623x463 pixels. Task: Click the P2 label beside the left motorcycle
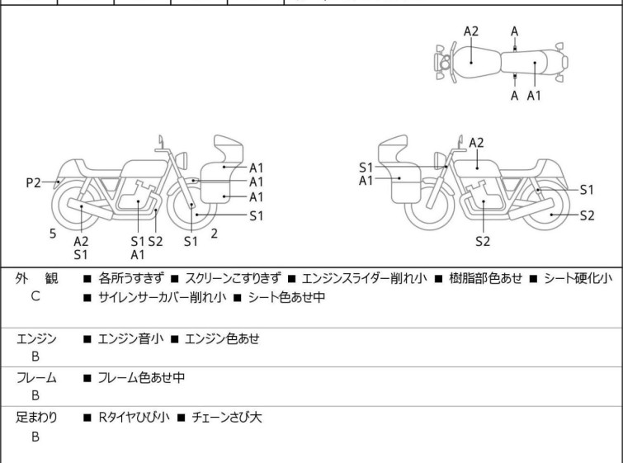tap(33, 183)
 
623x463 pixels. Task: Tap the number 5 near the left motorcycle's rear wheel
tap(53, 234)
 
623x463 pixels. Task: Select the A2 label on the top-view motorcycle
tap(471, 31)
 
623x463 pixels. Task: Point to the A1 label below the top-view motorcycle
tap(534, 95)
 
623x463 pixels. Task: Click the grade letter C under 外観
tap(35, 296)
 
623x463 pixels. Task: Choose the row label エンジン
tap(36, 338)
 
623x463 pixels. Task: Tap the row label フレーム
tap(36, 378)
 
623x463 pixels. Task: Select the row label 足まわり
tap(36, 418)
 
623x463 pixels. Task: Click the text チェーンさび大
tap(226, 418)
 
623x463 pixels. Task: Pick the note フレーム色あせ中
tap(141, 378)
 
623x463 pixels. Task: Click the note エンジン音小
tap(130, 338)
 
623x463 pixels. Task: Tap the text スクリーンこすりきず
tap(234, 279)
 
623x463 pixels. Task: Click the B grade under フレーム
tap(35, 395)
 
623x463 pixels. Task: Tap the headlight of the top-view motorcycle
tap(443, 62)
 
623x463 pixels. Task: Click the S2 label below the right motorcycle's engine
tap(483, 242)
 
